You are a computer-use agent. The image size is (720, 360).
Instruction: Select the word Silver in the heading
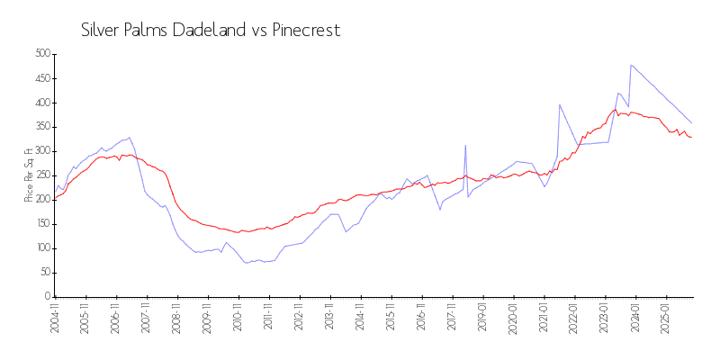pos(101,31)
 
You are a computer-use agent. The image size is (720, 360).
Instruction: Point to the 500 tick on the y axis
pos(40,54)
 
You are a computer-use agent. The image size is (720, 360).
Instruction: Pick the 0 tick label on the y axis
pos(46,297)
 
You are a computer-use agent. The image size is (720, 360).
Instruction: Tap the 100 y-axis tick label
pos(40,248)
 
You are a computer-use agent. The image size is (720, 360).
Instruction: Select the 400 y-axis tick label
pos(40,103)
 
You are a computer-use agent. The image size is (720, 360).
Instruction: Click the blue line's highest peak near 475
pos(632,65)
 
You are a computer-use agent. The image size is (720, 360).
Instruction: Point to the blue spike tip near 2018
pos(465,145)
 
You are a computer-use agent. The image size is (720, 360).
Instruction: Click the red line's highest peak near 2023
pos(616,110)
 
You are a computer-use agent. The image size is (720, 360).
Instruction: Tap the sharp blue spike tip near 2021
pos(560,104)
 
